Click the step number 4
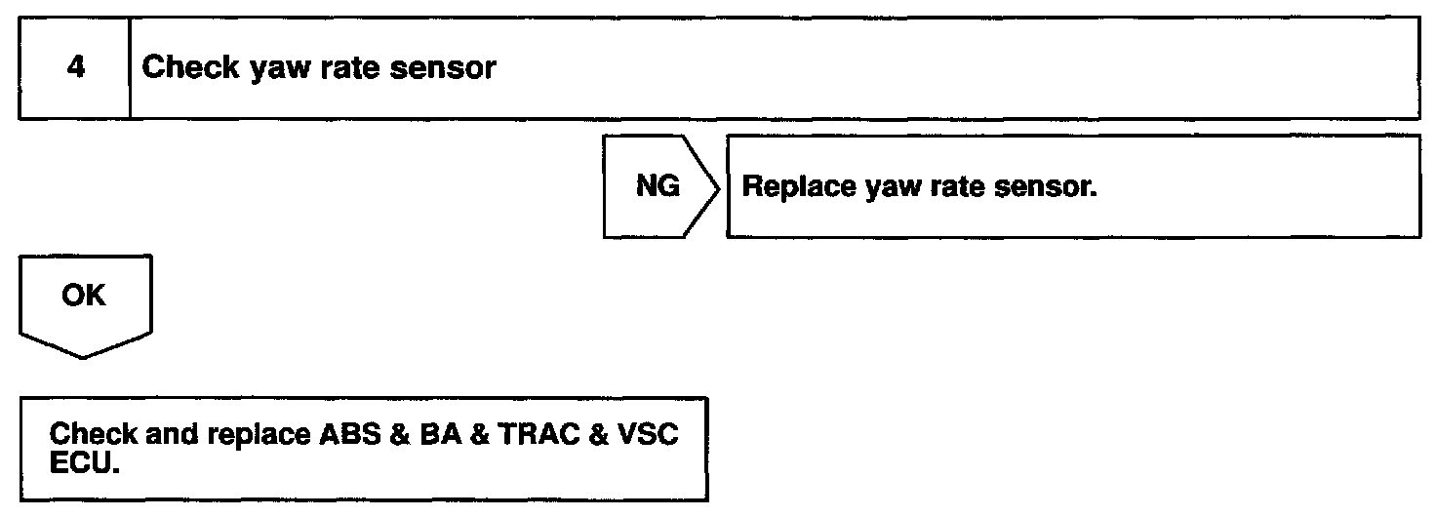coord(74,68)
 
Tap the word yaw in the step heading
coord(281,70)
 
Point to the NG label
coord(658,186)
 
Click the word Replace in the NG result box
coord(799,186)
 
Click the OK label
coord(83,296)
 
